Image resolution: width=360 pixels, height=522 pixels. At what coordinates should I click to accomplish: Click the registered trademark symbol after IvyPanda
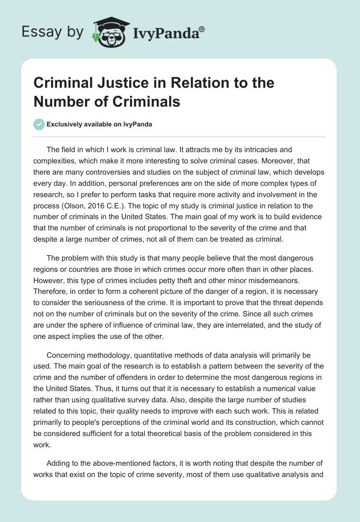tap(202, 29)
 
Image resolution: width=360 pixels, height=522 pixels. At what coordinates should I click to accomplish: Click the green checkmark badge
tap(40, 124)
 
